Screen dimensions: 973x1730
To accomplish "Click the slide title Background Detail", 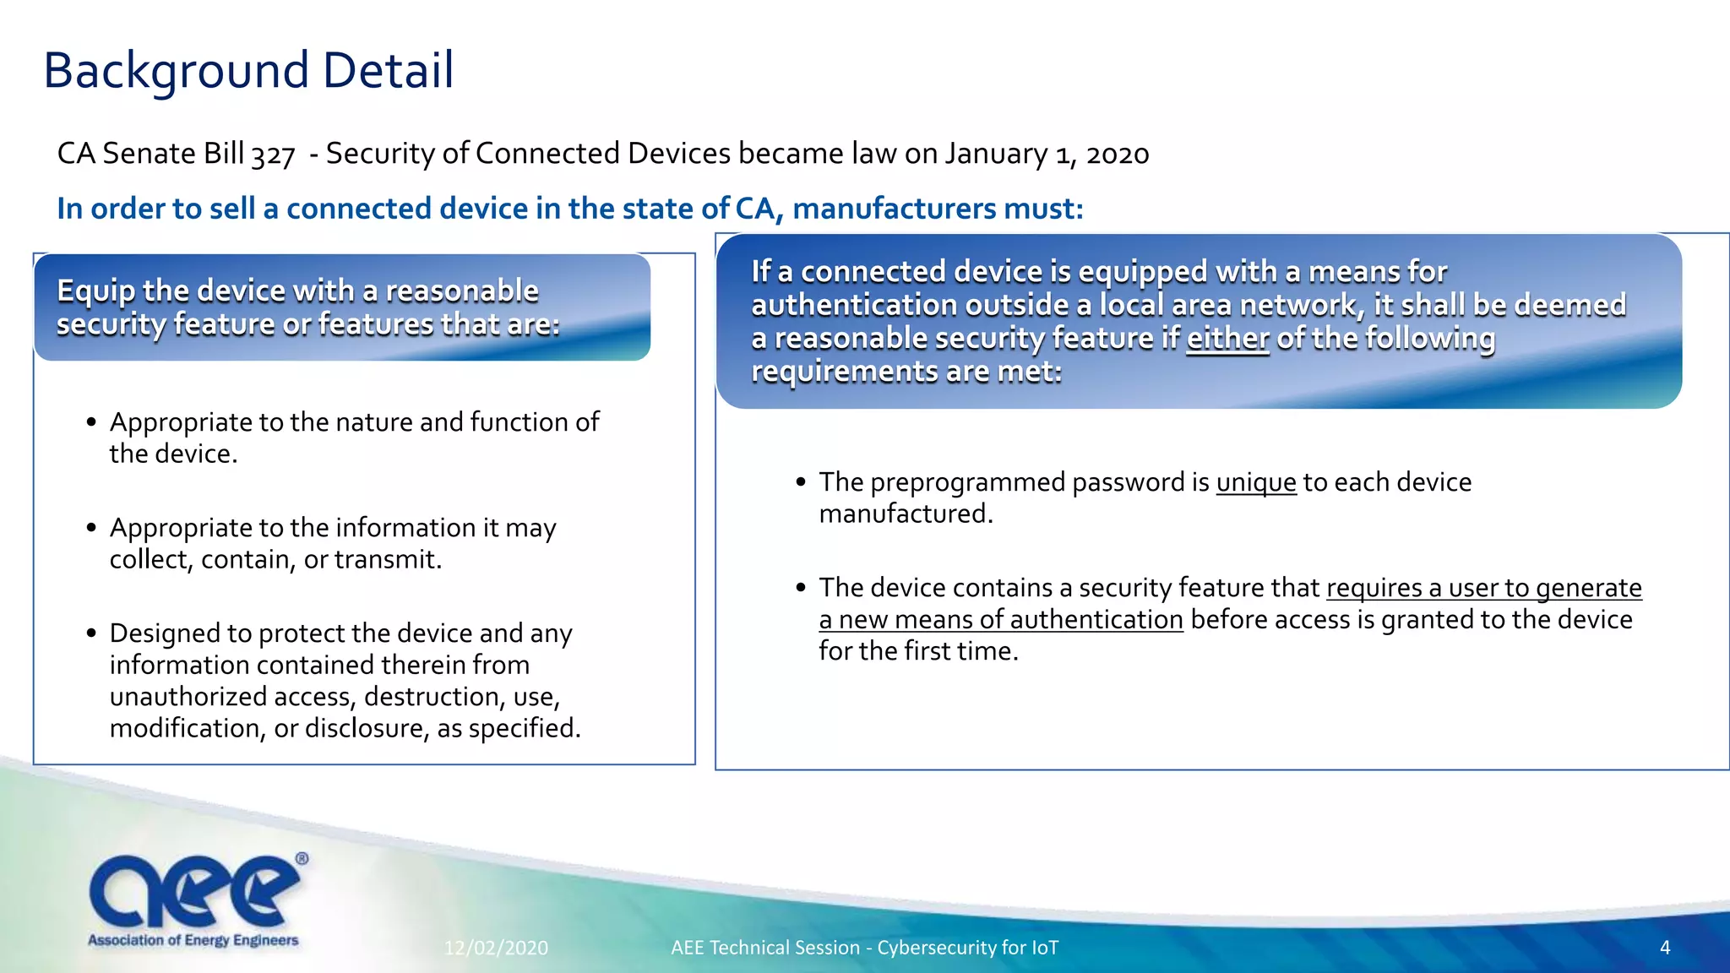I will click(x=248, y=70).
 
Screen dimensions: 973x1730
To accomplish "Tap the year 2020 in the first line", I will click(x=1117, y=155).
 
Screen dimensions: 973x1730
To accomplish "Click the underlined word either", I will click(x=1227, y=339).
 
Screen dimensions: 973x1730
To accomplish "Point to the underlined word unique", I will click(x=1255, y=482).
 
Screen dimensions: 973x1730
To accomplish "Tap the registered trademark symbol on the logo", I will click(x=302, y=859).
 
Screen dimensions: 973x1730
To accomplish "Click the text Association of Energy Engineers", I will click(x=193, y=940).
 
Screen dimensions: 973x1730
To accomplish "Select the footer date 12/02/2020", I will click(x=496, y=948).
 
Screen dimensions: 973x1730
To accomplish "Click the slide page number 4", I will click(x=1664, y=948).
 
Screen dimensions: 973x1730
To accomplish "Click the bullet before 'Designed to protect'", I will click(x=91, y=633).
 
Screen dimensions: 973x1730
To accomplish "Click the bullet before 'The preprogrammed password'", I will click(x=801, y=482).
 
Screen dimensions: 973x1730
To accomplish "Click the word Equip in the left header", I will click(x=95, y=291).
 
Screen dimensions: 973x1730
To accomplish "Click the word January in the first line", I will click(x=996, y=155).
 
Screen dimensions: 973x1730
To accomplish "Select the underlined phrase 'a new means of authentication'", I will click(x=1000, y=620).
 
